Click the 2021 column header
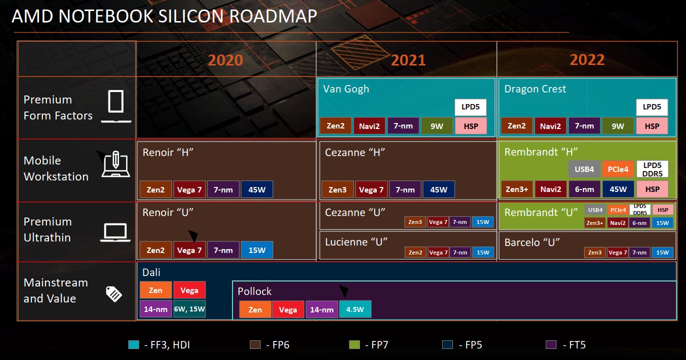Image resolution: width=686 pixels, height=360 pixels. [408, 60]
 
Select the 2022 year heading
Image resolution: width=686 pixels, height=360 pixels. [587, 60]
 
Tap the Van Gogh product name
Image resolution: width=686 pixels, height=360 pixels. [346, 89]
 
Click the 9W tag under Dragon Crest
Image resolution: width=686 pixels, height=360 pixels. [618, 126]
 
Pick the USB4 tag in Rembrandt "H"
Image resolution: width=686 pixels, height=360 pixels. [583, 169]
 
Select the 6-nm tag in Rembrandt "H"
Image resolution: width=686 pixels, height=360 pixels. [584, 189]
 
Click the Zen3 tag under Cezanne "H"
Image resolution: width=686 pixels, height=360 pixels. [337, 189]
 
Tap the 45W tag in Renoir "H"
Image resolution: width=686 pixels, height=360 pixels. [257, 189]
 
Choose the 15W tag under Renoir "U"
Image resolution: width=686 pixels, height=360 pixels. [257, 250]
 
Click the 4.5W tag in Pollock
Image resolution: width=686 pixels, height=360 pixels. [355, 309]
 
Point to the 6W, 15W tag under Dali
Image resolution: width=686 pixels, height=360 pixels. [189, 309]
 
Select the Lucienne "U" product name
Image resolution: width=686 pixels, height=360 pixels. [356, 242]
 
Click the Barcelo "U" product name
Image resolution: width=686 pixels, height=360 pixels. [531, 242]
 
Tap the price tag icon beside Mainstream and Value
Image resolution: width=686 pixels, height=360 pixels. [113, 293]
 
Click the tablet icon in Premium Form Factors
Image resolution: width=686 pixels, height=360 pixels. [116, 102]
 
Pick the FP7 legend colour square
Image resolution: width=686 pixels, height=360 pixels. [354, 344]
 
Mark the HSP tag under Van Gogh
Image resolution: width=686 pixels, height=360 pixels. [470, 126]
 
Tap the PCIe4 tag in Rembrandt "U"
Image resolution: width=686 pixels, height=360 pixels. [618, 210]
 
